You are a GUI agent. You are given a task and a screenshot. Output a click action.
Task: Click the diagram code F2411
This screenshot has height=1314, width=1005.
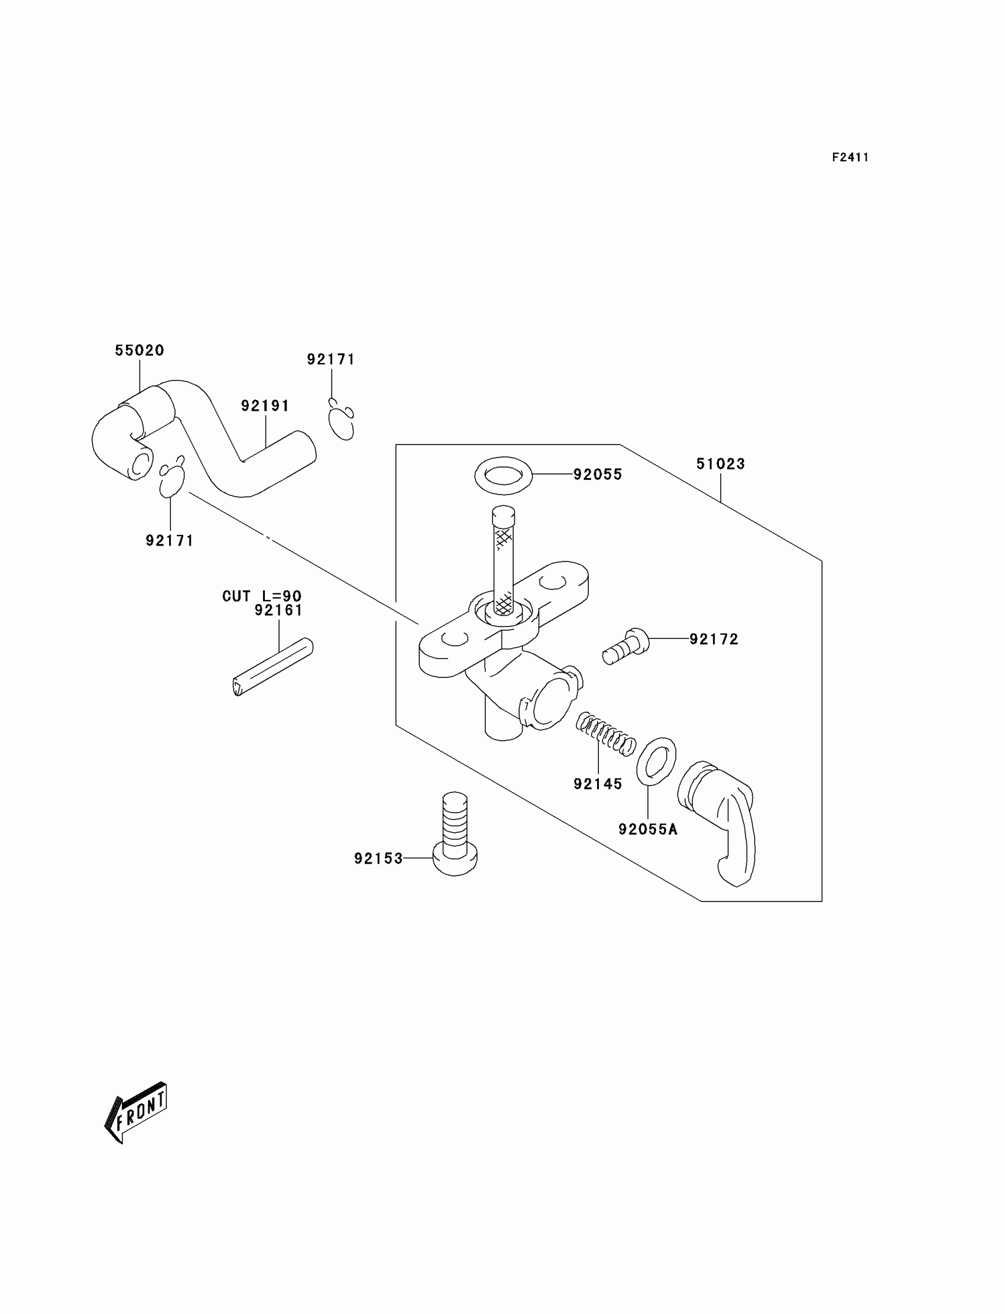pos(850,157)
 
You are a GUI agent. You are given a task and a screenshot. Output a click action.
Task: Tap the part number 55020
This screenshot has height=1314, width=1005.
pos(140,351)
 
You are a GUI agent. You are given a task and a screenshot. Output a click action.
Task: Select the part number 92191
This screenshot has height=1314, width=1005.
pos(265,406)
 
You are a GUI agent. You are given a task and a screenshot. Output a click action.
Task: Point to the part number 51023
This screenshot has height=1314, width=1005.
pos(720,464)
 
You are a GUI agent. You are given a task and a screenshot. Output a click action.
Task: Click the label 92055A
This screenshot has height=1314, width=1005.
pos(648,829)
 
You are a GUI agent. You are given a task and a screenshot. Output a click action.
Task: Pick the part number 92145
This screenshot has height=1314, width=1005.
pos(598,784)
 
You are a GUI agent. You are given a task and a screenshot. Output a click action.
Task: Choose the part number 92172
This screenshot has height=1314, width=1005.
pos(714,640)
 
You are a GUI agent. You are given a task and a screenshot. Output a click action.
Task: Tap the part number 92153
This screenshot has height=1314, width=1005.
pos(378,859)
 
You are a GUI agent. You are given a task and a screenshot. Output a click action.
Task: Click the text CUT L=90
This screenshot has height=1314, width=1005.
pos(262,596)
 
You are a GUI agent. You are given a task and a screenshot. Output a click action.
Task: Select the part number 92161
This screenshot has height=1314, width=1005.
pos(278,611)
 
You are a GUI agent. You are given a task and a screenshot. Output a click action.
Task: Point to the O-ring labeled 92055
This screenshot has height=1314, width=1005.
pos(503,476)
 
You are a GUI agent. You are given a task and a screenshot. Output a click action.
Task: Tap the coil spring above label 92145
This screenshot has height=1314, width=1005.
pos(605,735)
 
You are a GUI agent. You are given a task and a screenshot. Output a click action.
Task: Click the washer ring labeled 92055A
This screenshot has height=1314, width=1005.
pos(656,761)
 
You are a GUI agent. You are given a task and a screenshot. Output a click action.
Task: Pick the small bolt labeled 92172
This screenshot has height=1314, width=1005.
pos(625,647)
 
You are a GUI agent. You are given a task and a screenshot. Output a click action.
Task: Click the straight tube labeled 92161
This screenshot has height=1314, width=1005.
pos(273,667)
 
